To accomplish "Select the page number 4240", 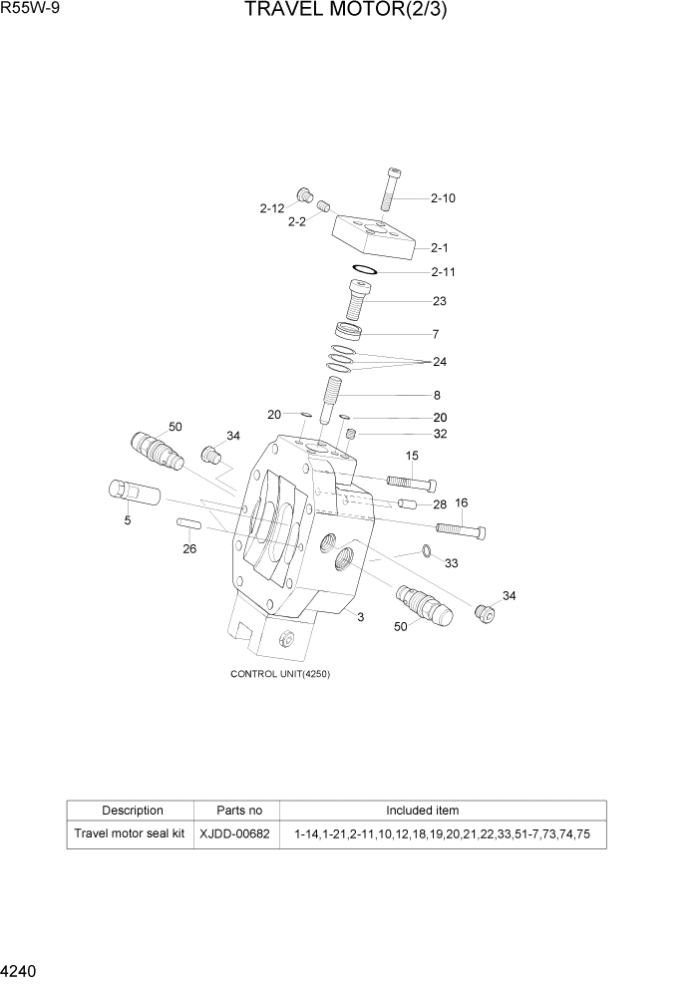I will [x=21, y=968].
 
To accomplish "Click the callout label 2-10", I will [x=443, y=197].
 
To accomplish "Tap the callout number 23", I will [x=439, y=300].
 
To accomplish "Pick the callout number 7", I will [x=435, y=334].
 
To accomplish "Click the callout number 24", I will [x=439, y=361].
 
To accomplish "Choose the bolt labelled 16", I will [x=460, y=527].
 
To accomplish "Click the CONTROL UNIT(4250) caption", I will [x=280, y=673].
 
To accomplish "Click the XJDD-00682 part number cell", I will [x=234, y=832].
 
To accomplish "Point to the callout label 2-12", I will [x=272, y=208].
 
